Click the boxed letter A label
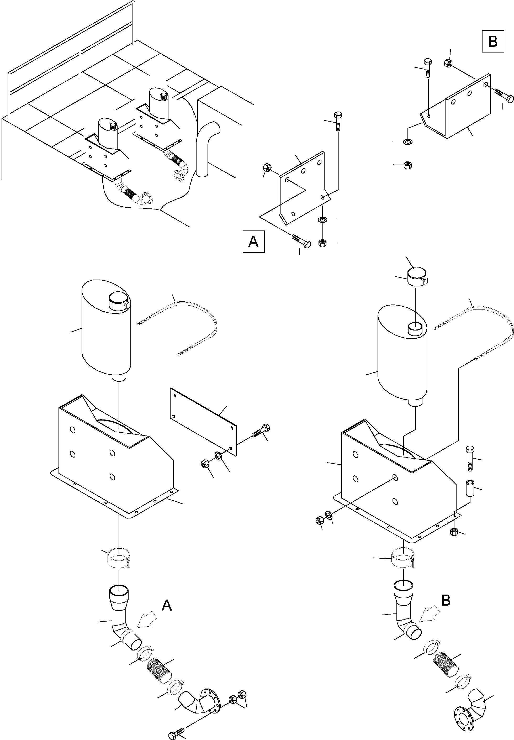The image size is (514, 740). (253, 241)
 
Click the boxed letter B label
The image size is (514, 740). (493, 41)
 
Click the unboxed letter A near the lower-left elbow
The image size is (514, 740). (167, 605)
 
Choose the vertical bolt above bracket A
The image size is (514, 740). (338, 121)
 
